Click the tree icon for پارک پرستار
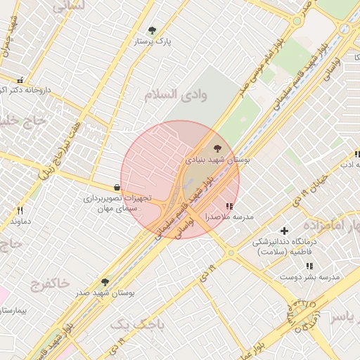[153, 30]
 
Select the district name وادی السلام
[176, 96]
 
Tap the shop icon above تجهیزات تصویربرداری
[116, 187]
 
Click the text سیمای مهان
[117, 209]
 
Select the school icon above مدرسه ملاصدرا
[229, 206]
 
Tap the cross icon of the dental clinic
[284, 231]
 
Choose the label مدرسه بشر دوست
[310, 277]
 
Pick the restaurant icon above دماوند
[20, 210]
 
